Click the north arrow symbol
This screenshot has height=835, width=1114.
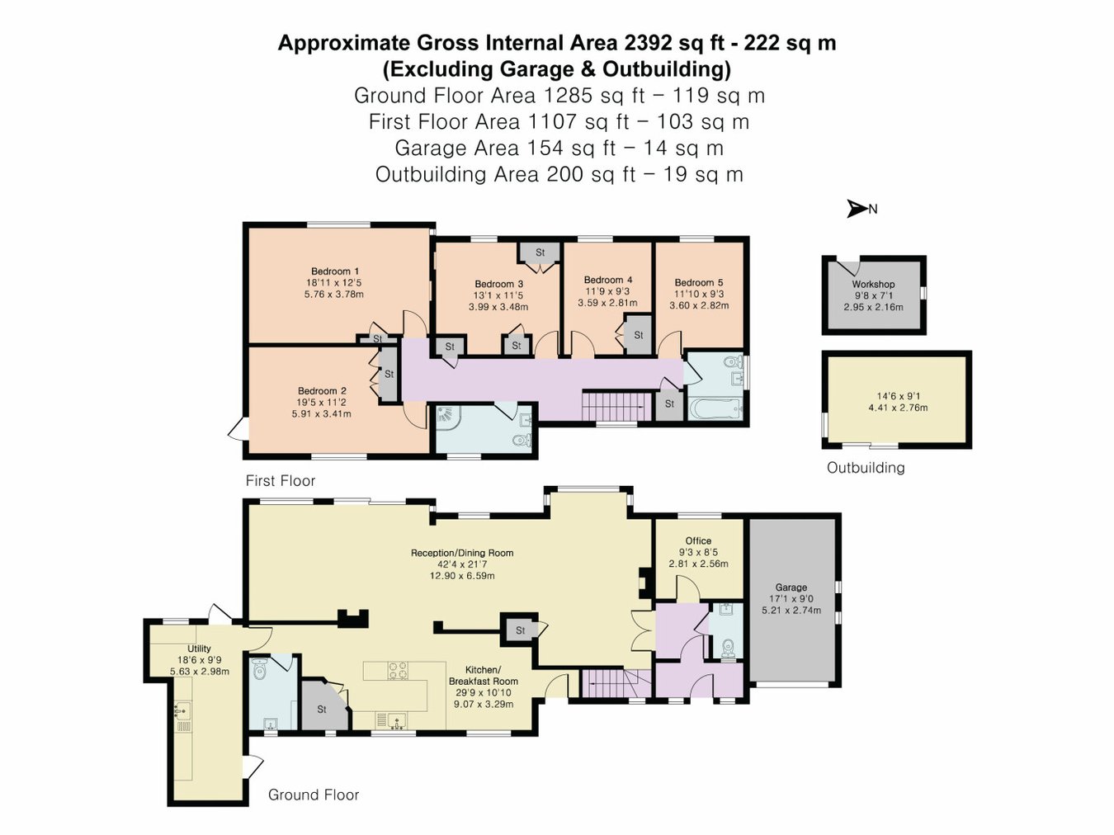pos(857,209)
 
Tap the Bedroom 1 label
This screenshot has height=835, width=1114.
pos(335,271)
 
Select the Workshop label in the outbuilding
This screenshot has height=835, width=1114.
pos(873,284)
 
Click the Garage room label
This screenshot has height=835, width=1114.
pos(791,587)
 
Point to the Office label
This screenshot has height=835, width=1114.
pos(698,540)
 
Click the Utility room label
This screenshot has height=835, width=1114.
pos(199,649)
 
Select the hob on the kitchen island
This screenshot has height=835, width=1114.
pos(398,670)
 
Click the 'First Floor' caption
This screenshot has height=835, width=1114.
pos(280,480)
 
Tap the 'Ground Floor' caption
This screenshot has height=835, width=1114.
pos(313,795)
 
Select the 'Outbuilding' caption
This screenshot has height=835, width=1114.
pos(866,468)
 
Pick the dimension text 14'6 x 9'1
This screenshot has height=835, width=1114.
pos(898,396)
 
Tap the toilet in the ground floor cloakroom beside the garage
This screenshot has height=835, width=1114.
pos(729,649)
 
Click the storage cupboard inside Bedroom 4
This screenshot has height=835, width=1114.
pos(638,335)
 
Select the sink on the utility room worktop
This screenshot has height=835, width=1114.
pos(182,710)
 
